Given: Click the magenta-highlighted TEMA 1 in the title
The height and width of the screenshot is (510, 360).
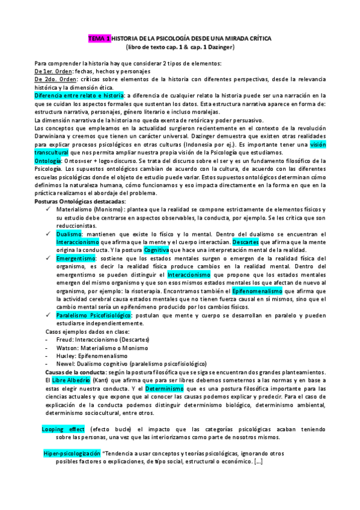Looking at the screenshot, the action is click(100, 38).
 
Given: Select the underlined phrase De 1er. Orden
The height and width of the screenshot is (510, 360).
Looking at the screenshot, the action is click(55, 72).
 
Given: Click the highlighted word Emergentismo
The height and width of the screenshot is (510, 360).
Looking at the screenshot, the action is click(77, 258).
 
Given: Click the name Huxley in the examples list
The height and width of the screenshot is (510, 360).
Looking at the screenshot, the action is click(65, 355).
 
